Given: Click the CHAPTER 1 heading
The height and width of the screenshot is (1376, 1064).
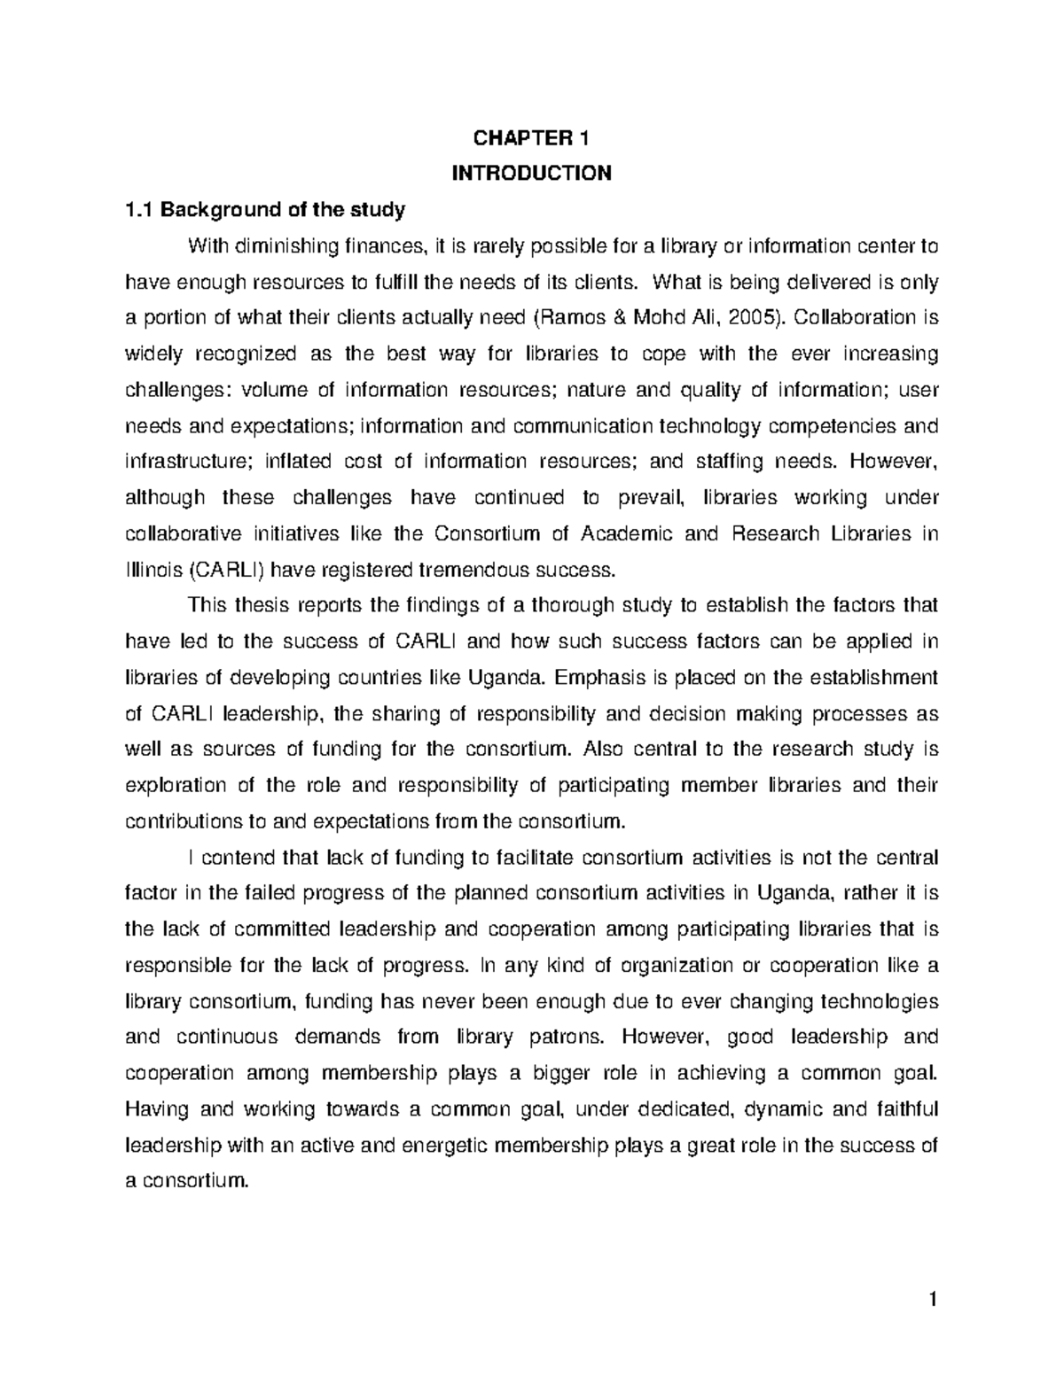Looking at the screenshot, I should click(531, 137).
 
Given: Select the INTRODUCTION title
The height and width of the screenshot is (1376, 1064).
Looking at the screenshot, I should click(531, 173).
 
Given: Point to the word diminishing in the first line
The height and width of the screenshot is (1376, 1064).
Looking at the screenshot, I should click(280, 245).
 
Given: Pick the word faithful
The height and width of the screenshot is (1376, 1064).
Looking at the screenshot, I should click(905, 1109).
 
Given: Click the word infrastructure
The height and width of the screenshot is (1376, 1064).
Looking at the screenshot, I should click(177, 461).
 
